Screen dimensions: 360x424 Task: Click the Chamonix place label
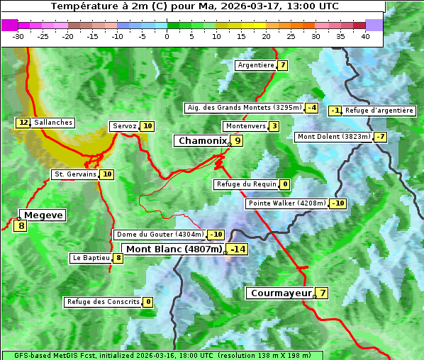(201, 141)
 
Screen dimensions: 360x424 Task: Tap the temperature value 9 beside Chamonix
(238, 141)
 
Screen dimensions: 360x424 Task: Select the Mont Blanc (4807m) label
(174, 249)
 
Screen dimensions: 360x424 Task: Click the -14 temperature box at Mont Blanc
(238, 249)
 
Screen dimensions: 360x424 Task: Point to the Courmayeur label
(281, 293)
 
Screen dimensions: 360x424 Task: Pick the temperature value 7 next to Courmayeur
(323, 293)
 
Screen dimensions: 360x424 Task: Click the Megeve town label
(43, 215)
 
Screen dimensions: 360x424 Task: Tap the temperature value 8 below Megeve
(21, 227)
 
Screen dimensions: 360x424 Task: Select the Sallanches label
(52, 123)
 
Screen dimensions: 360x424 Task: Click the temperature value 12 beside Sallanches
(23, 123)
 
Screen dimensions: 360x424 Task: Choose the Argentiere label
(256, 65)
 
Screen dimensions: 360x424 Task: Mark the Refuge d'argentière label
(379, 111)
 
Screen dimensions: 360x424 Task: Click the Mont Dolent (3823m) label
(334, 137)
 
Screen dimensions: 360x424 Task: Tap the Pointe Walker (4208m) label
(286, 203)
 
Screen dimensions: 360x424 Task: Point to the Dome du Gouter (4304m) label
(160, 235)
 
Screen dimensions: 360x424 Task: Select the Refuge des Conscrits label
(103, 302)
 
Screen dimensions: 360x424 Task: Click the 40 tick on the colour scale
(365, 36)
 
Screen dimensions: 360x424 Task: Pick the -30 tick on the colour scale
(18, 36)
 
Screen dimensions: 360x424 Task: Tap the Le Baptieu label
(91, 258)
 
